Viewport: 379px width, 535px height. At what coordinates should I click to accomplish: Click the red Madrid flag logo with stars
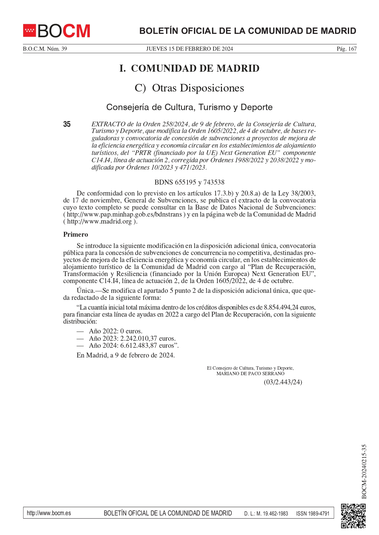click(x=30, y=31)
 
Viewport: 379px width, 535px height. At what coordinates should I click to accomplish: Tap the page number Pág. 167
click(x=346, y=49)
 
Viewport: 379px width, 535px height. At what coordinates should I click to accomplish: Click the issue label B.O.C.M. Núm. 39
click(x=45, y=49)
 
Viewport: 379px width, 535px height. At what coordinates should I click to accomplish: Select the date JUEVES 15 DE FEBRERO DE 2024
click(x=189, y=49)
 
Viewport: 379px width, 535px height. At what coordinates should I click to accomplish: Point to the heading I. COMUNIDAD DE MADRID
click(x=189, y=68)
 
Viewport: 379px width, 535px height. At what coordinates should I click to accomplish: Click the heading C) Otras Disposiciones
click(x=189, y=88)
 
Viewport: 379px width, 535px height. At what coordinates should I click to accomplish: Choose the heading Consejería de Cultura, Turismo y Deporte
click(x=189, y=107)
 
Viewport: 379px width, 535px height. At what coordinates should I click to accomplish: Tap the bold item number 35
click(x=67, y=124)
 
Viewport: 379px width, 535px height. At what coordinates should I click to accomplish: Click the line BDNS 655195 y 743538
click(x=189, y=182)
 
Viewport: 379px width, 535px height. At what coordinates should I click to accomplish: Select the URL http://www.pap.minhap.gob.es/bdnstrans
click(x=124, y=214)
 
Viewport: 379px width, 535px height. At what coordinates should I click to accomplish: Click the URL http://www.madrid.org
click(x=100, y=221)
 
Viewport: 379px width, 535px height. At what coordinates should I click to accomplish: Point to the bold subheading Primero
click(x=75, y=235)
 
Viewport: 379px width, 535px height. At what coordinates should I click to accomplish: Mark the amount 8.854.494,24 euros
click(x=290, y=307)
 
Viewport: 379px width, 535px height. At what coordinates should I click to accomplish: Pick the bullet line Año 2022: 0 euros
click(x=115, y=331)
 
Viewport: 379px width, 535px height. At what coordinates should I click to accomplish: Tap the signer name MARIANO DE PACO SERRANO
click(x=250, y=374)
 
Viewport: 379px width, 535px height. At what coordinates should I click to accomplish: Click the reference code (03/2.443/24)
click(x=283, y=382)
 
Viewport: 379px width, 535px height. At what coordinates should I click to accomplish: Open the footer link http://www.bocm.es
click(x=49, y=513)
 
